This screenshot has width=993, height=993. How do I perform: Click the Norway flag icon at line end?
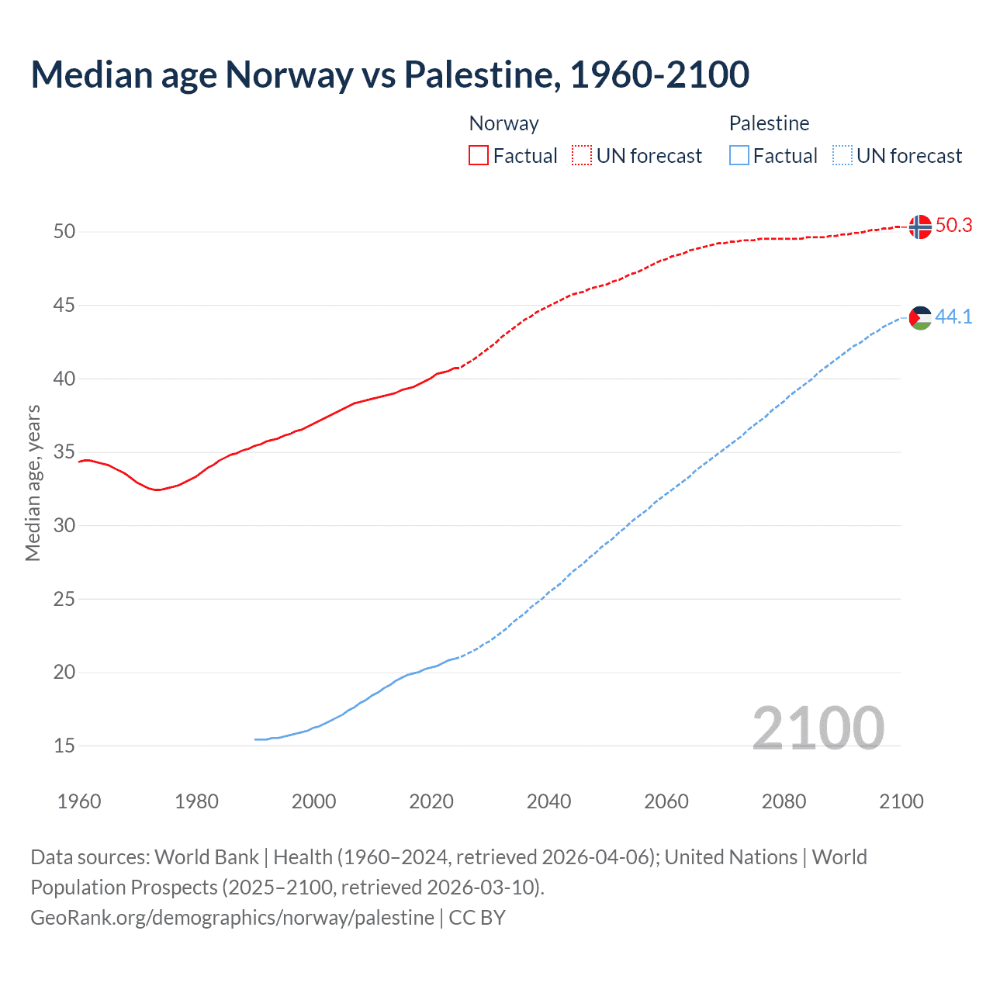[x=919, y=227]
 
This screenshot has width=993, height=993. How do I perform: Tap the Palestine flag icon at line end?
[x=919, y=317]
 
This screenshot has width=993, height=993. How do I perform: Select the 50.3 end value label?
[x=953, y=225]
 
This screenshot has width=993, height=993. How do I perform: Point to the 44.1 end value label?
[x=953, y=317]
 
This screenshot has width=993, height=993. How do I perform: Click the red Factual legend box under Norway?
[x=479, y=155]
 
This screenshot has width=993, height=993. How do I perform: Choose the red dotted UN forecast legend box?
[x=582, y=155]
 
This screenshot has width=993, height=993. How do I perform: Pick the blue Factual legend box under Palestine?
[x=739, y=155]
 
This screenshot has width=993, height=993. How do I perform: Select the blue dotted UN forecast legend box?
[x=842, y=155]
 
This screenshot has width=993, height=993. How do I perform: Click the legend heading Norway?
[x=503, y=123]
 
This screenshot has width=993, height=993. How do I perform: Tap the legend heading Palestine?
[x=769, y=123]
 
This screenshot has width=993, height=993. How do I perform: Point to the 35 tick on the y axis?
[x=64, y=452]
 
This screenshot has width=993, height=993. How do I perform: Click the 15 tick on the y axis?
[x=64, y=746]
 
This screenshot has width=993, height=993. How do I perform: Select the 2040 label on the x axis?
[x=548, y=801]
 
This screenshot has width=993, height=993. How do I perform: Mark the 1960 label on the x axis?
[x=79, y=801]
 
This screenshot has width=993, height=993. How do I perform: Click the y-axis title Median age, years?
[x=33, y=483]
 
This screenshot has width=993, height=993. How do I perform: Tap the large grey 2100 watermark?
[x=818, y=728]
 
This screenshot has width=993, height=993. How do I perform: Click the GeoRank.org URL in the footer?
[x=232, y=917]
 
